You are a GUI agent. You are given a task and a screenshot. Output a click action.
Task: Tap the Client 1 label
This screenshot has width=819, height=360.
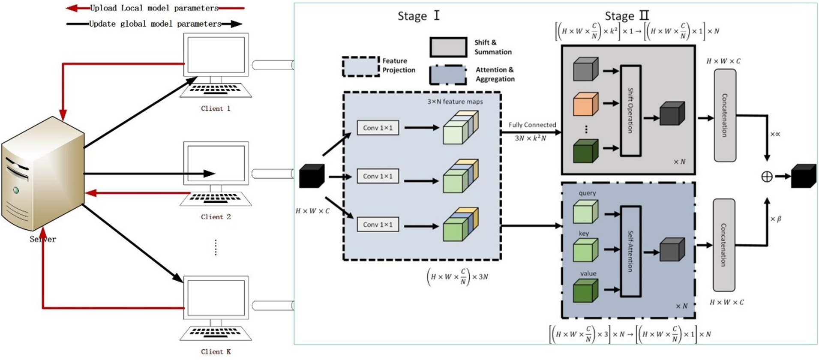click(x=216, y=109)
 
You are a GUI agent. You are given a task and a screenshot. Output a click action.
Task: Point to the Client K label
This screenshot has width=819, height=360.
click(x=216, y=352)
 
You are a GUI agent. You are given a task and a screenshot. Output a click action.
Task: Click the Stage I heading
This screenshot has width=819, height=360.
click(x=418, y=16)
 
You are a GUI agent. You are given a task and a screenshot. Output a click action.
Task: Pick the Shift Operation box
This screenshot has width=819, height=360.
click(x=630, y=111)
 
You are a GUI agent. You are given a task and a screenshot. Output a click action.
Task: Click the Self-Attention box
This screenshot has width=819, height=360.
click(x=630, y=251)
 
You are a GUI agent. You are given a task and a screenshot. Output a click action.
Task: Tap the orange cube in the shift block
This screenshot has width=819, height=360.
click(x=585, y=105)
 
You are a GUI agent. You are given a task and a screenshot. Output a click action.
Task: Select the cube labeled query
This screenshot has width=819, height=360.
click(x=585, y=212)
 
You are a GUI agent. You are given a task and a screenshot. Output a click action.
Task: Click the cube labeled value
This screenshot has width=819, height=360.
click(x=585, y=291)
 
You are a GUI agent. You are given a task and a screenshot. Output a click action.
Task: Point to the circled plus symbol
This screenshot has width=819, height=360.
click(x=767, y=177)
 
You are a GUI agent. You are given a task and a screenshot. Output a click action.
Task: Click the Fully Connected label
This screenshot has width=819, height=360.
click(x=532, y=125)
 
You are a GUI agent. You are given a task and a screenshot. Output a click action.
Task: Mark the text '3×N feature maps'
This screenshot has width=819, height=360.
click(x=455, y=102)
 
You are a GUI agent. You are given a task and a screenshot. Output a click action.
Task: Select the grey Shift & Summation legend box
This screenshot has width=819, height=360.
click(x=448, y=47)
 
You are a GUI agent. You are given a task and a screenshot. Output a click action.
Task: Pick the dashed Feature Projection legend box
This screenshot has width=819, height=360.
click(x=361, y=66)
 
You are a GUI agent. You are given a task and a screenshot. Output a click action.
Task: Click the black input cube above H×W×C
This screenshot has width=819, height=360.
click(x=312, y=176)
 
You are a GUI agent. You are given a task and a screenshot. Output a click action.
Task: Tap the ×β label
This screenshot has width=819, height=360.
click(x=776, y=219)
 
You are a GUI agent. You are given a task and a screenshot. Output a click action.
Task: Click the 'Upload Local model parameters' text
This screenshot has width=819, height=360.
click(x=154, y=8)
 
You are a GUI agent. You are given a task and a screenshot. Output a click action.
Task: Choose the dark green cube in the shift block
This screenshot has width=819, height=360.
click(x=585, y=151)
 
